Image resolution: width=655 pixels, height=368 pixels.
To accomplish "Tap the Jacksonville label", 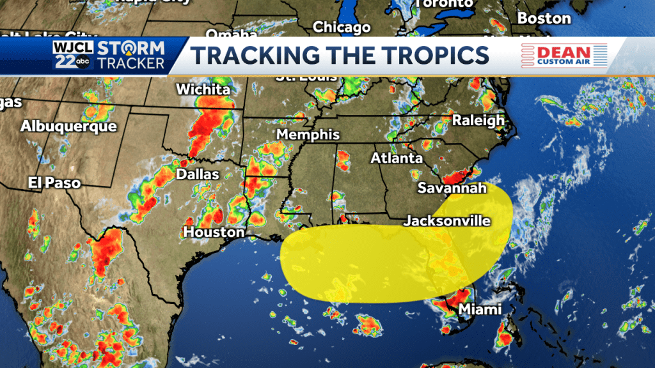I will (447, 221).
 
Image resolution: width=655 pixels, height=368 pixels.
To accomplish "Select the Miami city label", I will (480, 310).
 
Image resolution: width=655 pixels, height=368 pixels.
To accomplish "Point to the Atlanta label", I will (398, 158).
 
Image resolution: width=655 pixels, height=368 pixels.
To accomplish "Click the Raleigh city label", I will (478, 120).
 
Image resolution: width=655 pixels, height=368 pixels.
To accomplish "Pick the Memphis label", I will (308, 135).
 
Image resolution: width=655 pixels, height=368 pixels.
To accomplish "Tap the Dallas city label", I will (198, 174).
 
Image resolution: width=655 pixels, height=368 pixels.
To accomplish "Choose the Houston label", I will (214, 232).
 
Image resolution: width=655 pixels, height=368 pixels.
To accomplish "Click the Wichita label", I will (203, 89).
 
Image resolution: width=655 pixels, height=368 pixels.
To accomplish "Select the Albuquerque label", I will (68, 126).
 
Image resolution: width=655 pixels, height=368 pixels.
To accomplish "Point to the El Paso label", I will (54, 183).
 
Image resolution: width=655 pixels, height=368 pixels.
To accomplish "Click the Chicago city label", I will (342, 27).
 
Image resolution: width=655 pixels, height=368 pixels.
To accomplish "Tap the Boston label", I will (544, 18).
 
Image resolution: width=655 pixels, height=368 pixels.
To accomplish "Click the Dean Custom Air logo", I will (563, 55).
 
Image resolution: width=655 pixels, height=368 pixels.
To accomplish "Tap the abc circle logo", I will (83, 61).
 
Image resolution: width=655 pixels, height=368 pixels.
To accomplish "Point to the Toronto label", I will (445, 4).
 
